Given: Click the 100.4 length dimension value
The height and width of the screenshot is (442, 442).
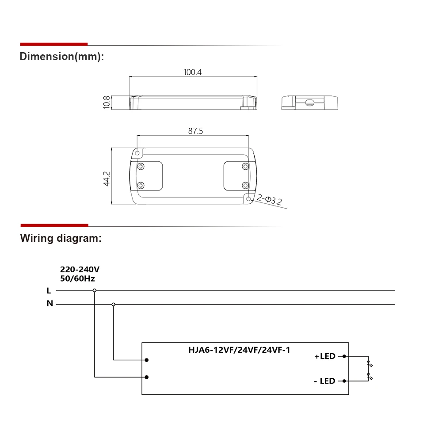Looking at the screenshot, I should click(x=193, y=72).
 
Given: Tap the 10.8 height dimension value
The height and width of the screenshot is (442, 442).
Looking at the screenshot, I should click(x=106, y=103).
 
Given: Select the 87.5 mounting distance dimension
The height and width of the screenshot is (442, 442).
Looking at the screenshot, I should click(x=193, y=131).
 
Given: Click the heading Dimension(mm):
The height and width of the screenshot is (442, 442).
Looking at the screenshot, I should click(x=62, y=57).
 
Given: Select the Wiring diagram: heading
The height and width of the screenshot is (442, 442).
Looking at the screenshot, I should click(x=61, y=238).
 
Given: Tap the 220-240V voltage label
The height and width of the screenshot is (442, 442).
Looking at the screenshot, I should click(x=80, y=270).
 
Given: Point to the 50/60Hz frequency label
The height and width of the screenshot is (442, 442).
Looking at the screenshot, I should click(x=77, y=278).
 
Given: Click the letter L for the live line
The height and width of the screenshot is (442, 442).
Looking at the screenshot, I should click(x=49, y=290).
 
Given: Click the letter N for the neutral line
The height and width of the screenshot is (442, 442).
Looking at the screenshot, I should click(x=50, y=304).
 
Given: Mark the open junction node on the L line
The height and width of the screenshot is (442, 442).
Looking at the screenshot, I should click(x=94, y=290).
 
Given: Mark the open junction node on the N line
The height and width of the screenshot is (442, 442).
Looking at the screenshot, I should click(x=114, y=304).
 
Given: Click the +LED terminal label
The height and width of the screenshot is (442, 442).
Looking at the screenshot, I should click(x=325, y=356).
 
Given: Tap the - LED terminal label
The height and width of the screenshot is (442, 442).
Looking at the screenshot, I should click(x=325, y=381).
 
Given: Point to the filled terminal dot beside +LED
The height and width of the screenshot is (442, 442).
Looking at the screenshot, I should click(x=344, y=356).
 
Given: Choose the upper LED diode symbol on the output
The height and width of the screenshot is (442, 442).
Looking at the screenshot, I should click(x=369, y=365).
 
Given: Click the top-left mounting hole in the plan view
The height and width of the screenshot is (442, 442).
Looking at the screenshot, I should click(x=137, y=153).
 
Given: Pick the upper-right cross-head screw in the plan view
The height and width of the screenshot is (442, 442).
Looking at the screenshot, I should click(x=245, y=166).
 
